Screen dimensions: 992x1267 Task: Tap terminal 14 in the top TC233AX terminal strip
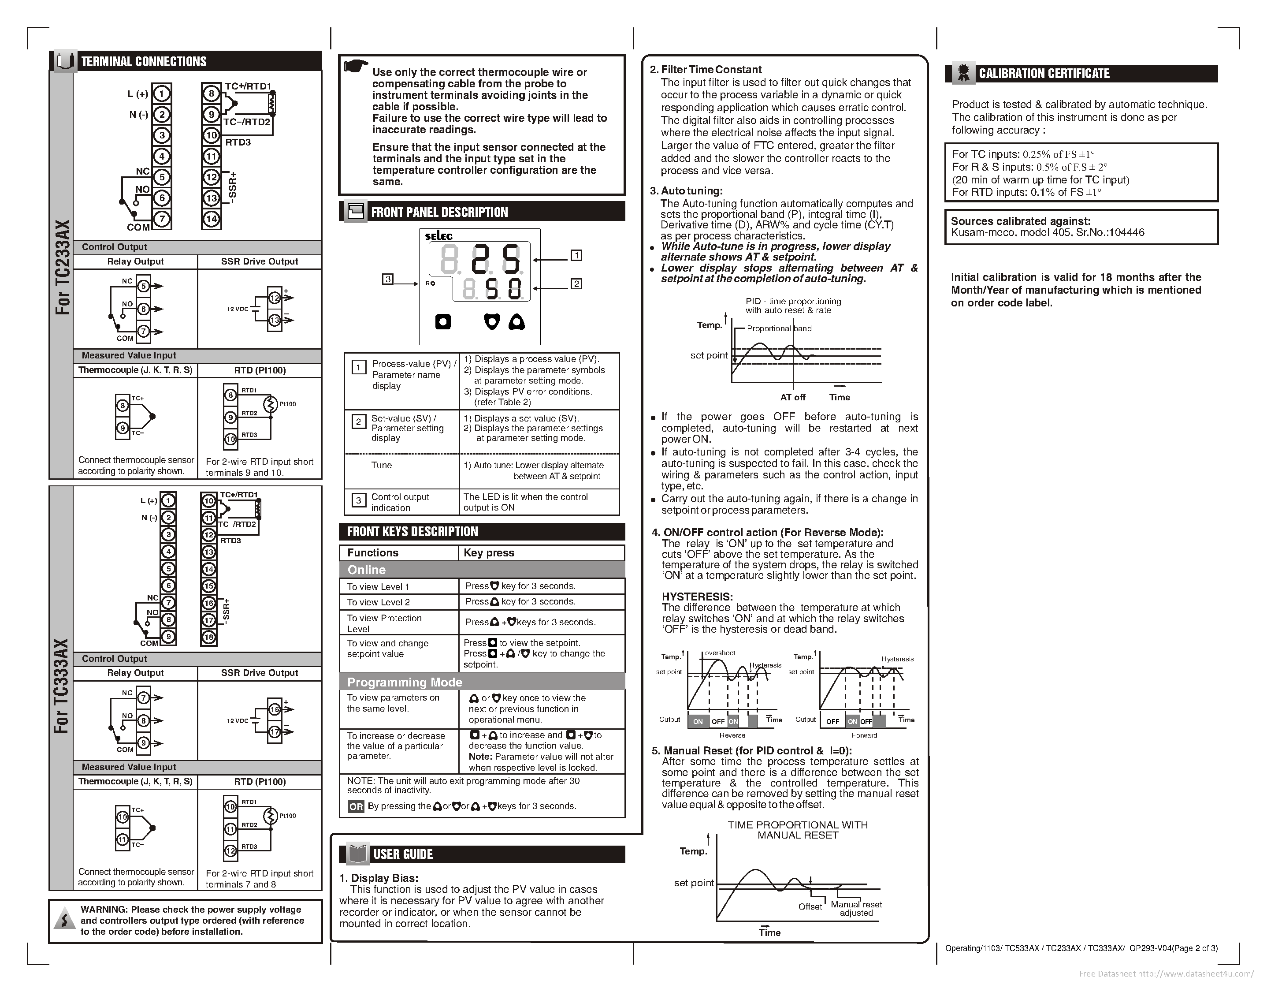pyautogui.click(x=211, y=219)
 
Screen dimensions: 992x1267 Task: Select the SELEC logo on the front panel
pyautogui.click(x=439, y=236)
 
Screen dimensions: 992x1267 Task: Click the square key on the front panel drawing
pyautogui.click(x=443, y=322)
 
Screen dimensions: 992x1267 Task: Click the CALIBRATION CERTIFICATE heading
pyautogui.click(x=1044, y=74)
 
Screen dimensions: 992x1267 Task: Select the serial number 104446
pyautogui.click(x=1126, y=233)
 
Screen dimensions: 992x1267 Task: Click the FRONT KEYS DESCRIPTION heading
pyautogui.click(x=412, y=531)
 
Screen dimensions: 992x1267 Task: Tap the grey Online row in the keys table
pyautogui.click(x=482, y=570)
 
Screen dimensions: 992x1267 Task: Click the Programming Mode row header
pyautogui.click(x=482, y=682)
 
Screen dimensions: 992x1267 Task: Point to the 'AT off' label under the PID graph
pyautogui.click(x=792, y=397)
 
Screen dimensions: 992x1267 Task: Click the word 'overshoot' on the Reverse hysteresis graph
pyautogui.click(x=720, y=653)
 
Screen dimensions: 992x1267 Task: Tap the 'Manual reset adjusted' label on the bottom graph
pyautogui.click(x=856, y=908)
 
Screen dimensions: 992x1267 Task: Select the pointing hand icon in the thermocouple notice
pyautogui.click(x=355, y=66)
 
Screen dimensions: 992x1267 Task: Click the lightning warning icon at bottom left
pyautogui.click(x=64, y=921)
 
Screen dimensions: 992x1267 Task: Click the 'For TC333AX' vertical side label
pyautogui.click(x=62, y=685)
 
